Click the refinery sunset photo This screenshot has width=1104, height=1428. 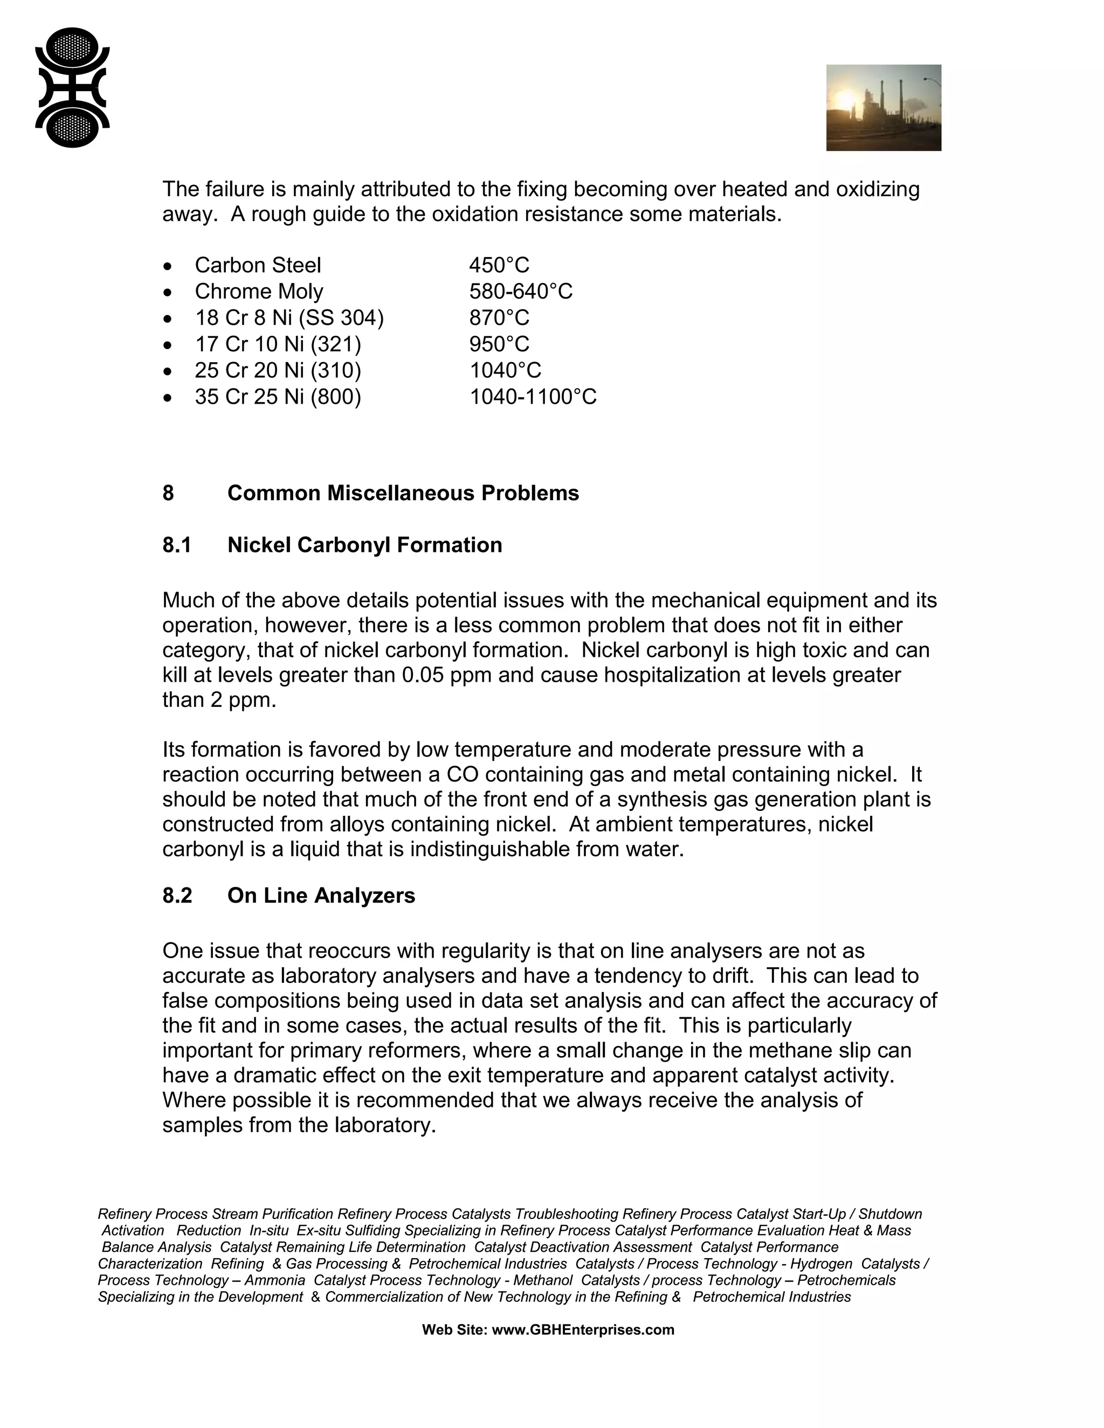(883, 107)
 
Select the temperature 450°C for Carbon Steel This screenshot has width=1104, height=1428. (499, 266)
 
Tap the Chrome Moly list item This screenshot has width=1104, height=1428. (258, 292)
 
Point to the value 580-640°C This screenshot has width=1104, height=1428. (520, 292)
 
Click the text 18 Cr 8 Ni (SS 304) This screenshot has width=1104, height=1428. (289, 318)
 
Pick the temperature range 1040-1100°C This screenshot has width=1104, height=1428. (533, 397)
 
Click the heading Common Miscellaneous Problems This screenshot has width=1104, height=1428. (403, 493)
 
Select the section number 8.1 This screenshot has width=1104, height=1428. (177, 545)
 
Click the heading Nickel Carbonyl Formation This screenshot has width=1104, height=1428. (364, 545)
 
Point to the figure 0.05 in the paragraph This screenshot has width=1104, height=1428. (423, 675)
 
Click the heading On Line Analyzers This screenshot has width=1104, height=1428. (321, 895)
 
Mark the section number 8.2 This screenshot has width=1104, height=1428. (177, 895)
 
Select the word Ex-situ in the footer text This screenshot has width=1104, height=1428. (319, 1231)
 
